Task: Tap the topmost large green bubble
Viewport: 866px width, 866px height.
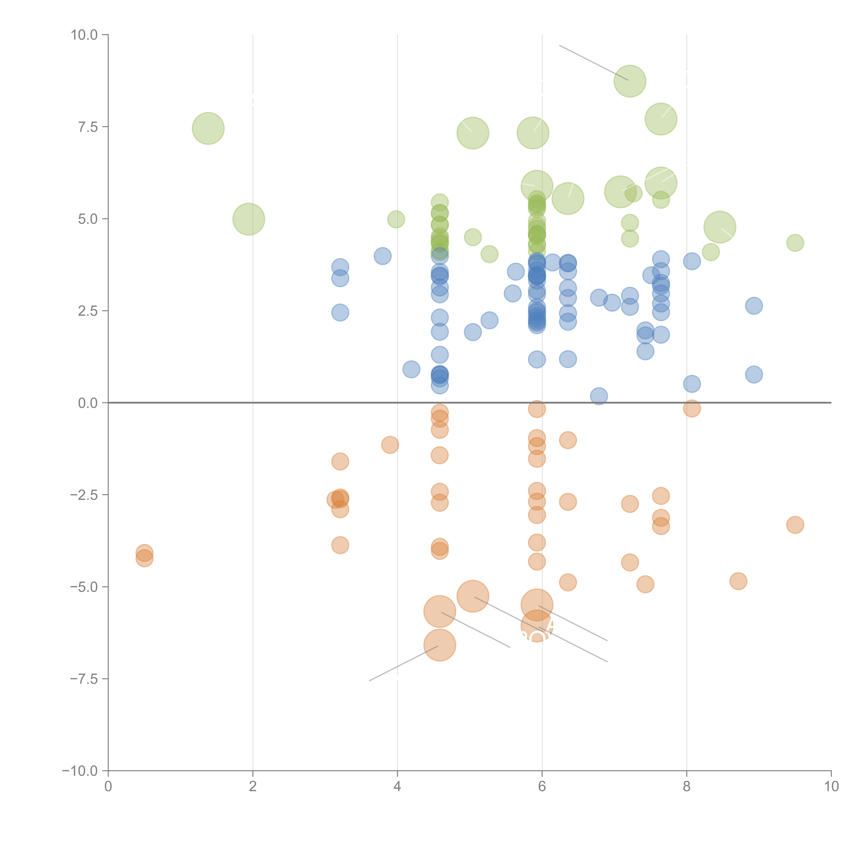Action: (630, 81)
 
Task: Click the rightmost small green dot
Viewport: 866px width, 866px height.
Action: (795, 243)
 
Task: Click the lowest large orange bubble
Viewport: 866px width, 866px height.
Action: (440, 645)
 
